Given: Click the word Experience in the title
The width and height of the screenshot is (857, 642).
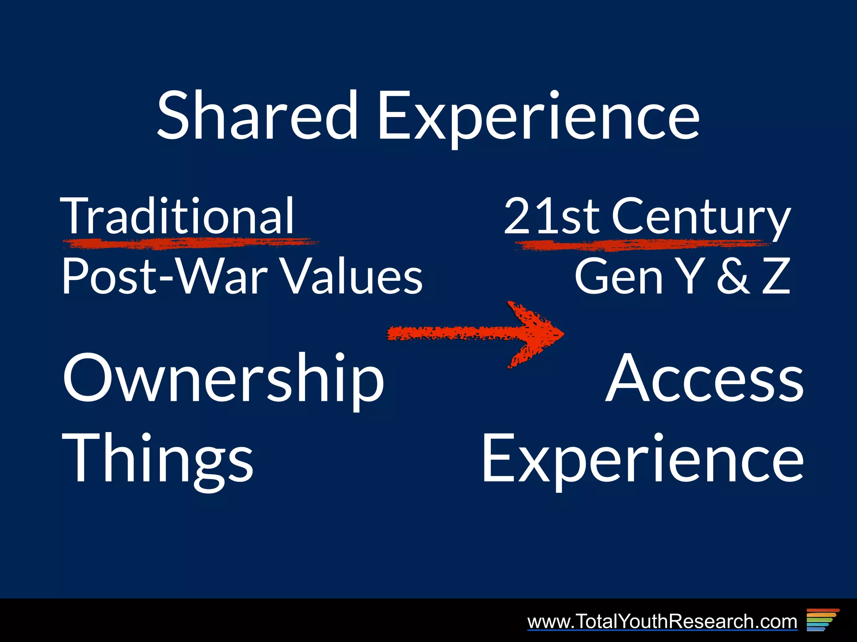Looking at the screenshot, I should coord(538,117).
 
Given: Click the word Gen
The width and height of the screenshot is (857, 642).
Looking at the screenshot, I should coord(618,276).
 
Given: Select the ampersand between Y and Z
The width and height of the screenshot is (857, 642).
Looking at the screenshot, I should coord(733,276).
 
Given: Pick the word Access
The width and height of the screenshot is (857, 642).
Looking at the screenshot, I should coord(705,378).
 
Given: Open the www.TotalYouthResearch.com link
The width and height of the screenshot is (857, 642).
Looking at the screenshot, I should coord(662,621).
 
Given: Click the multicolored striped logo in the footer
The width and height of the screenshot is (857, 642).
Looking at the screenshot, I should coord(822,619).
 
